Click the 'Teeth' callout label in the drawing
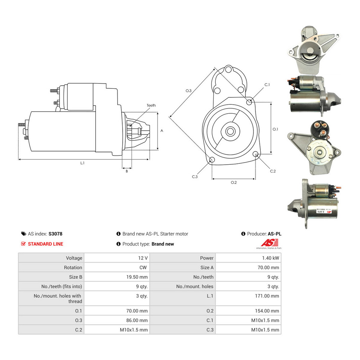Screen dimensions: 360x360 (151, 105)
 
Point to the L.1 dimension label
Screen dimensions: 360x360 (82, 163)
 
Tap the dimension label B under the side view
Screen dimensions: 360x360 (127, 171)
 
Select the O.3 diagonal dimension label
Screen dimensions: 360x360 (188, 91)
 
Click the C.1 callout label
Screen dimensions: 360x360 (267, 85)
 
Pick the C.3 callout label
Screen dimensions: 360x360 (195, 177)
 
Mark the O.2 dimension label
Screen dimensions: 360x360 (234, 182)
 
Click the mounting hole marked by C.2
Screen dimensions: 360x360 (256, 154)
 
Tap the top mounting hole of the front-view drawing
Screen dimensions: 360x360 (228, 70)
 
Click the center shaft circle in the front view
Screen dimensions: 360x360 (230, 131)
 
